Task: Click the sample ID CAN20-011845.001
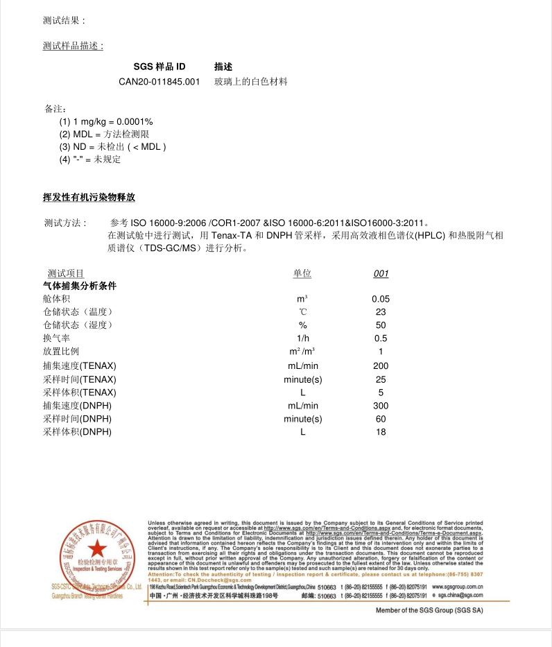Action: pos(159,82)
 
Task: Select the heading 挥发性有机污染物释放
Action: pos(89,198)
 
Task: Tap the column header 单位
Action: pos(302,274)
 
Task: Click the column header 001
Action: pos(381,274)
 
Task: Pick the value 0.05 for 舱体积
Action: pos(381,299)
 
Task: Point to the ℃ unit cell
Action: pos(302,312)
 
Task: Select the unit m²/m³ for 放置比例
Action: pos(302,351)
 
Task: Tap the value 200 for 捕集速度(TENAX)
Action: pos(381,365)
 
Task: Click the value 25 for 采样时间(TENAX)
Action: pos(381,379)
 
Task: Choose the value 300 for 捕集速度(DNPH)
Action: pos(381,406)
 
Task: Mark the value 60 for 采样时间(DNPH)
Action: pos(381,419)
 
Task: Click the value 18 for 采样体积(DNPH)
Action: pos(381,432)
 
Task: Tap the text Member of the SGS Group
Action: pos(429,610)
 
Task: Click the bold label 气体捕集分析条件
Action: pos(80,286)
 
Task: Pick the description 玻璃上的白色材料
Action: pos(250,82)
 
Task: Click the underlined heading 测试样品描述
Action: pos(73,46)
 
